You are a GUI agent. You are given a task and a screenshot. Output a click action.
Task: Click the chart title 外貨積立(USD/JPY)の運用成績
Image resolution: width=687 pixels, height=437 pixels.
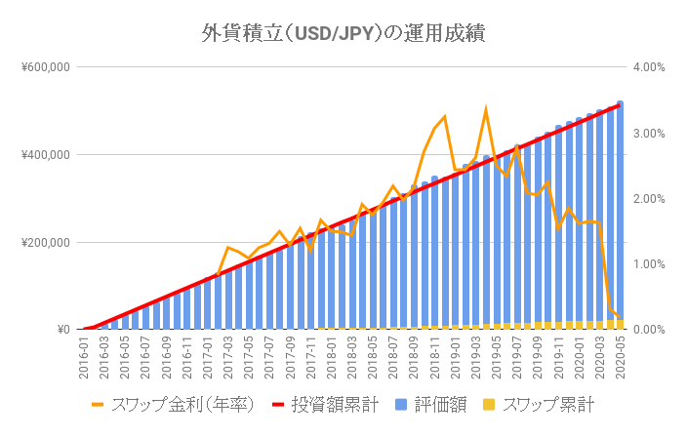(x=343, y=33)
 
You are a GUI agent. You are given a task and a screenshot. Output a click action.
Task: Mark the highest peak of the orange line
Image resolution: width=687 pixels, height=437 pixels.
(x=486, y=110)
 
